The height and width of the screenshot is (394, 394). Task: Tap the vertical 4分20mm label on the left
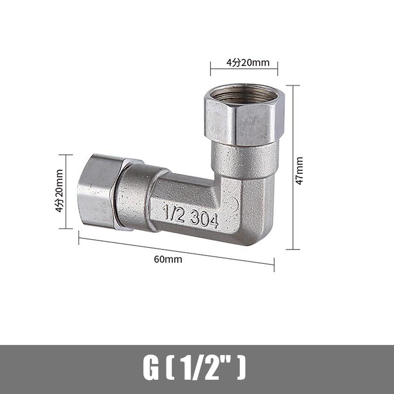tap(60, 191)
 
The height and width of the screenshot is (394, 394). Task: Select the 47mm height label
tap(299, 170)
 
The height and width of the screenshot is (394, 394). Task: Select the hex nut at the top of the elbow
tap(240, 121)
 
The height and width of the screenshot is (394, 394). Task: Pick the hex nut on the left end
tap(98, 192)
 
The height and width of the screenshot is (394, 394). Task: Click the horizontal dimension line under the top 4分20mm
tap(244, 68)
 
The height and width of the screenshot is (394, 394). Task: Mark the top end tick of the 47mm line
tap(293, 85)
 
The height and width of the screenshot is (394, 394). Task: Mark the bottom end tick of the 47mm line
tap(293, 249)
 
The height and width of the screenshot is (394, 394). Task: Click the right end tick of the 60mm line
tap(274, 265)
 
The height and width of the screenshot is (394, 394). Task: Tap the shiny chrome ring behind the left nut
tap(126, 195)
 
